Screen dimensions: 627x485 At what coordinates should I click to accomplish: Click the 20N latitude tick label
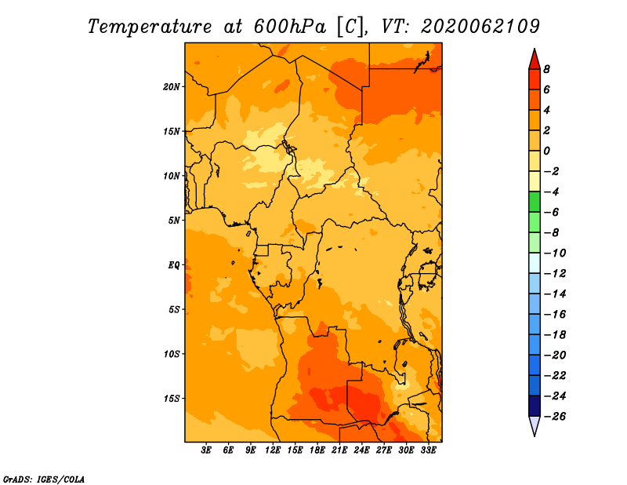[x=172, y=87]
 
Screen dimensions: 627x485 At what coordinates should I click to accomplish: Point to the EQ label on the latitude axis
[x=174, y=265]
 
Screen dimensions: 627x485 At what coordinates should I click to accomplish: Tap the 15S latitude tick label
[x=172, y=399]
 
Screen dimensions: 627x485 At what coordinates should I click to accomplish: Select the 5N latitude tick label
[x=174, y=221]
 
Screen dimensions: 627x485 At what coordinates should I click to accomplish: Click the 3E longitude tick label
[x=206, y=450]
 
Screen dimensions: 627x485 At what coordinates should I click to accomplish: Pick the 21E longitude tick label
[x=339, y=450]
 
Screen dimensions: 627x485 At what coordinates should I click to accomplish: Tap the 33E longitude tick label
[x=428, y=450]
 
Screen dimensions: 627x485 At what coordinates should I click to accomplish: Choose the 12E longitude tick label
[x=273, y=450]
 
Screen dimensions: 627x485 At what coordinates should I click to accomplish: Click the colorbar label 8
[x=546, y=69]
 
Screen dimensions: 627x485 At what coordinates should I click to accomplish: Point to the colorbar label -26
[x=555, y=417]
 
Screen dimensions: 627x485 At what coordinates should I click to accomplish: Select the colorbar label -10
[x=555, y=253]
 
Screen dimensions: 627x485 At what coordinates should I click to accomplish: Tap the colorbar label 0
[x=546, y=151]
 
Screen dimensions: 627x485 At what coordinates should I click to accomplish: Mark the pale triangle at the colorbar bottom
[x=535, y=425]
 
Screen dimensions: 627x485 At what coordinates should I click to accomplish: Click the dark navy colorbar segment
[x=535, y=406]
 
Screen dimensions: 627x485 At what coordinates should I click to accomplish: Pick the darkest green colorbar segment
[x=535, y=202]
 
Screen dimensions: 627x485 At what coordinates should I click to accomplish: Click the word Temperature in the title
[x=150, y=27]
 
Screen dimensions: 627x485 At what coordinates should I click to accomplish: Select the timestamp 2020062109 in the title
[x=480, y=27]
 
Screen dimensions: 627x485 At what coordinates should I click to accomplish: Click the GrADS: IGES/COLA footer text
[x=44, y=480]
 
